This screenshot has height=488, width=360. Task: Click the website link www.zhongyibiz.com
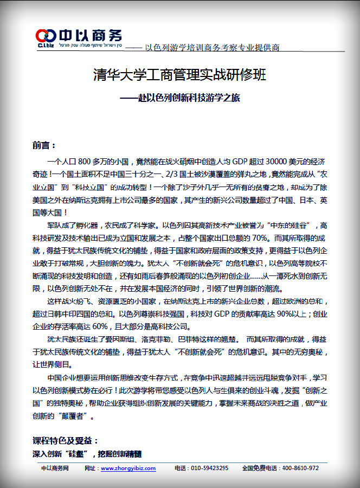tap(128, 468)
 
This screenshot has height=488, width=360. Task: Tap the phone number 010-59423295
tap(209, 468)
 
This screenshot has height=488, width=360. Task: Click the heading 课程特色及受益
tap(65, 440)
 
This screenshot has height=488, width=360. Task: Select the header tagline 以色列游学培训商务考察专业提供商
tap(212, 48)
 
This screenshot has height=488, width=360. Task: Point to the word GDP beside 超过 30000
tap(239, 162)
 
